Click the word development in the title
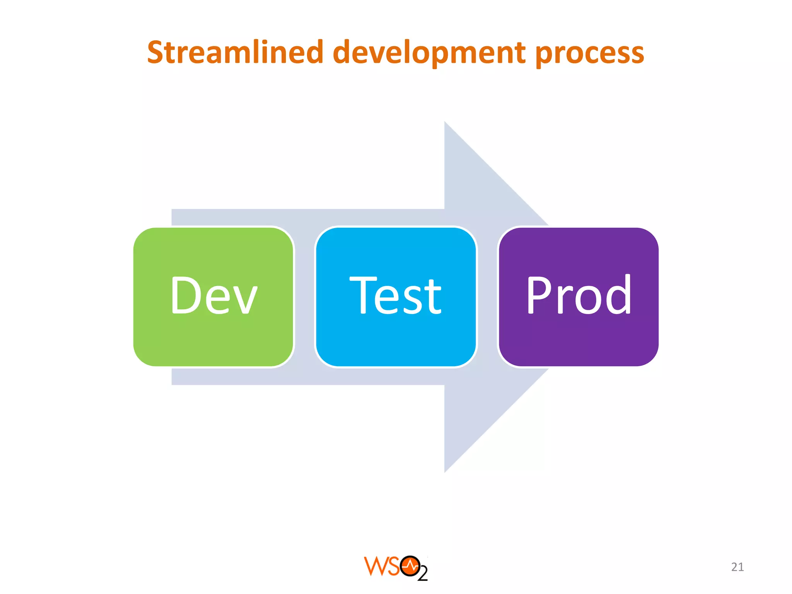[x=429, y=53]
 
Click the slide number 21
[x=737, y=567]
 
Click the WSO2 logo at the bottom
[x=396, y=568]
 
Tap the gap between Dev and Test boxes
[x=305, y=297]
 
